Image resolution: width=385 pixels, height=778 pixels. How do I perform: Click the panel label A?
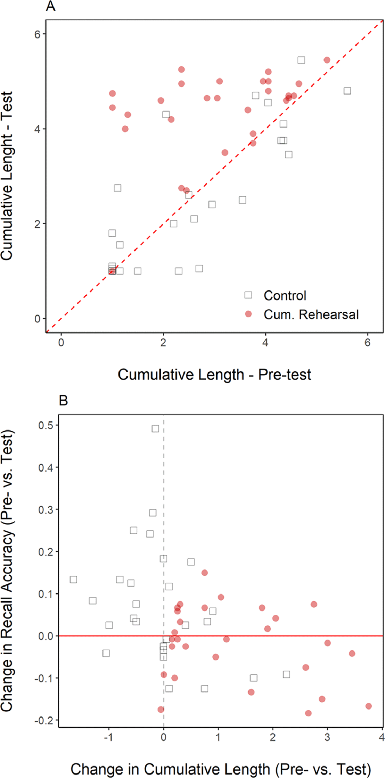click(x=50, y=6)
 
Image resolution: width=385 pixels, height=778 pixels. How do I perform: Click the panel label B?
click(x=63, y=401)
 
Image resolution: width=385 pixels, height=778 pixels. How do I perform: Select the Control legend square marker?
click(x=248, y=295)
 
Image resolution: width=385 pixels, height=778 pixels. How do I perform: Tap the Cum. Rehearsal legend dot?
click(x=248, y=314)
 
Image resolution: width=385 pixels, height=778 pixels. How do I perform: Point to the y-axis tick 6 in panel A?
click(x=38, y=34)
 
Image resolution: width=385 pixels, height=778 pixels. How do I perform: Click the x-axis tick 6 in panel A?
click(x=367, y=343)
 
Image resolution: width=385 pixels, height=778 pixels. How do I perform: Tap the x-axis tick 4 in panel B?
click(x=381, y=737)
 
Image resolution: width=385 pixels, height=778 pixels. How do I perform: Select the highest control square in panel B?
click(x=155, y=429)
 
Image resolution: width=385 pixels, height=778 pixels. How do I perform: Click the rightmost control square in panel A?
click(x=347, y=91)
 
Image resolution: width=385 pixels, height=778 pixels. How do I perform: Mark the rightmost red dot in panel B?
click(x=368, y=706)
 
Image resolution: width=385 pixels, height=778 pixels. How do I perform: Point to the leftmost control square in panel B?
click(x=73, y=579)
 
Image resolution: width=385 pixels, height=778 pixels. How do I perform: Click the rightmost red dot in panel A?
click(x=327, y=60)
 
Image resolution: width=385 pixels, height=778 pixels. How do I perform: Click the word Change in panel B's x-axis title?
click(x=96, y=769)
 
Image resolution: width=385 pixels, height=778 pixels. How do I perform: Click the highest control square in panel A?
click(x=301, y=60)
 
